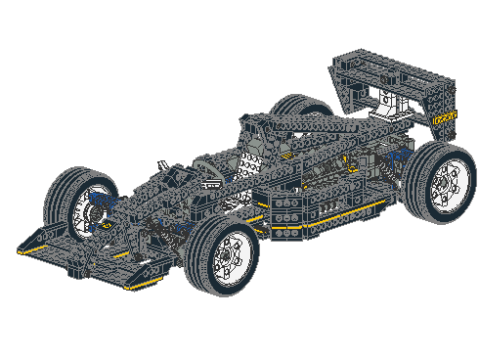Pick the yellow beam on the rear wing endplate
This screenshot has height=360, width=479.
pos(447,117)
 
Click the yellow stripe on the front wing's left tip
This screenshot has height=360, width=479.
pos(35,250)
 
